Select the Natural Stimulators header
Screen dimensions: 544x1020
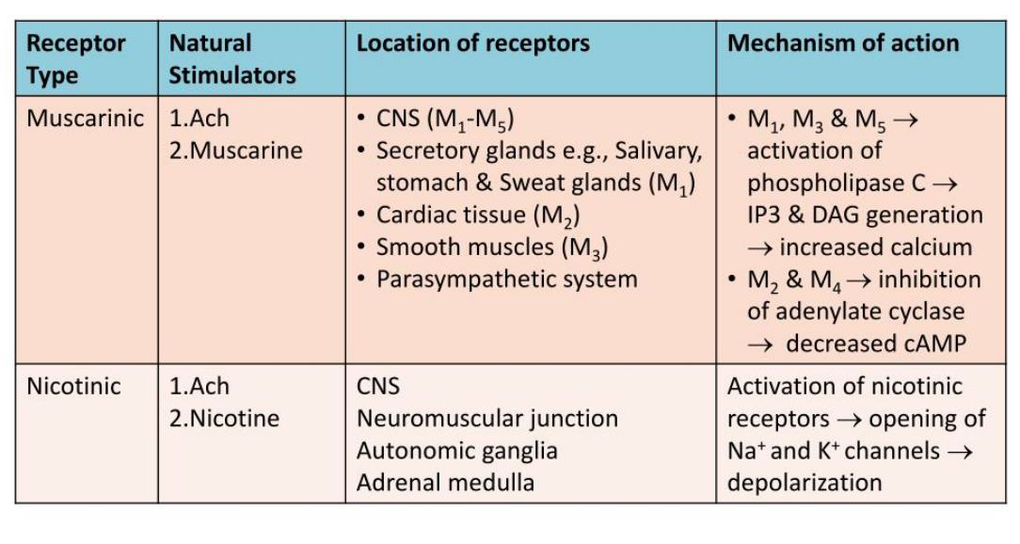(231, 58)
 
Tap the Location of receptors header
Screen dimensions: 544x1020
(472, 43)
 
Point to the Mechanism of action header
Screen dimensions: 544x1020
(843, 43)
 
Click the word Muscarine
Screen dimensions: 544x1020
(236, 151)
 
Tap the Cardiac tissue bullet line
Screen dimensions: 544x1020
(477, 216)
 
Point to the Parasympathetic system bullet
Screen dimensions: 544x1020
(506, 280)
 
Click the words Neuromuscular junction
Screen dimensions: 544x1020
(486, 419)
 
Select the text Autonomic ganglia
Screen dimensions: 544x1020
(456, 451)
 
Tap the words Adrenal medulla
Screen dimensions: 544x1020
(445, 483)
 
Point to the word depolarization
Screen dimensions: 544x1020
(805, 483)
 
